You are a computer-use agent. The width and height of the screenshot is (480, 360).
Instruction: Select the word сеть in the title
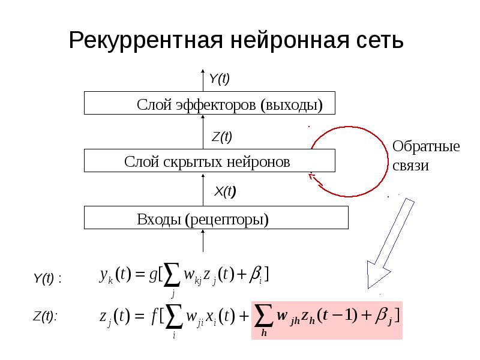(x=377, y=41)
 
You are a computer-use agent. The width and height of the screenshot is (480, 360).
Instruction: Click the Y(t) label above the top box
(x=219, y=79)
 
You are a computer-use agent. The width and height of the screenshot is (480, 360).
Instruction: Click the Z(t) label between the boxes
(x=221, y=136)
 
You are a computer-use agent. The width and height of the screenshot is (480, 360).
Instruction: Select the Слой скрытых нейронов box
(x=209, y=161)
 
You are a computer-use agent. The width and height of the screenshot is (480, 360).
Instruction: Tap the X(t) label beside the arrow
(x=225, y=191)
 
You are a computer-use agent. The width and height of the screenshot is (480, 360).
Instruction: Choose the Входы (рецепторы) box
(x=216, y=218)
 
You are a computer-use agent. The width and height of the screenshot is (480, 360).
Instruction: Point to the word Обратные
(x=425, y=146)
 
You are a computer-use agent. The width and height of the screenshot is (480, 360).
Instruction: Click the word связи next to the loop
(x=411, y=166)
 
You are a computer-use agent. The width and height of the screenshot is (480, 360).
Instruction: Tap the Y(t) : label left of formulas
(x=47, y=278)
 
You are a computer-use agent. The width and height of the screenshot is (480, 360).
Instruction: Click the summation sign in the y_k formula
(x=173, y=275)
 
